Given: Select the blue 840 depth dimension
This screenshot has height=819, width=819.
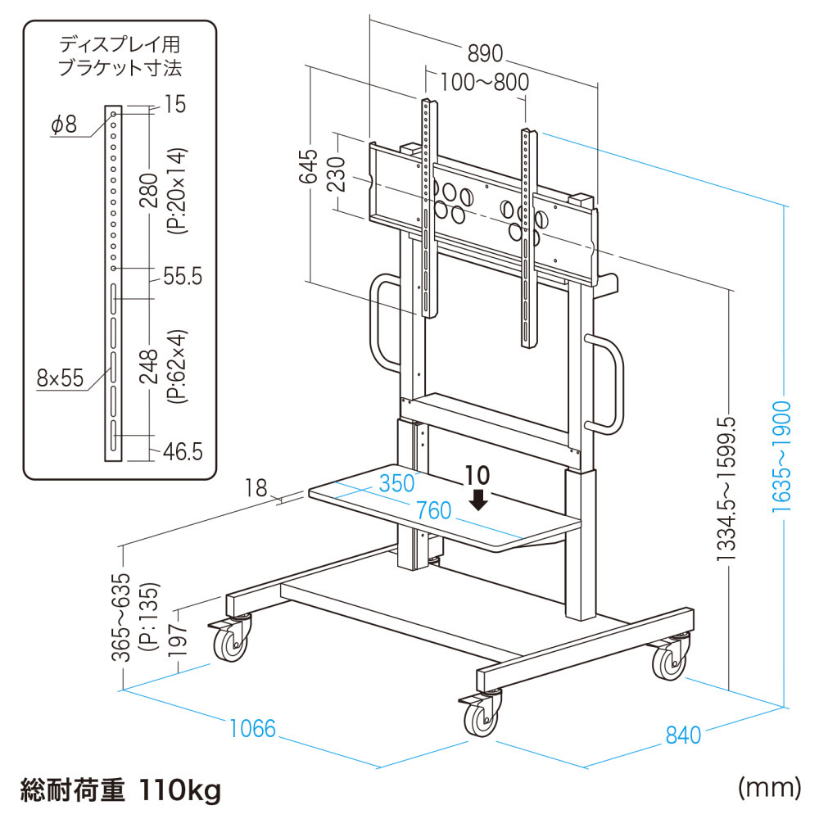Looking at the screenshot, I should click(683, 735).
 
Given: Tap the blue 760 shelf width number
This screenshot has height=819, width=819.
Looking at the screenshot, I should click(433, 511).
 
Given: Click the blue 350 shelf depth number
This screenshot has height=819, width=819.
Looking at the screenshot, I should click(396, 482).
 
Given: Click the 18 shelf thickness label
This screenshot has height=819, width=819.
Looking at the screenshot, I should click(256, 489).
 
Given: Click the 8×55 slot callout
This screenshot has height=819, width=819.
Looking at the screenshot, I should click(60, 378).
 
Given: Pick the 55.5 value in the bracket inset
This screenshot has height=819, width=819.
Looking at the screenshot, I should click(182, 277).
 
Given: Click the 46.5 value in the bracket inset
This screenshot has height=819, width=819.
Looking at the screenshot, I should click(181, 451).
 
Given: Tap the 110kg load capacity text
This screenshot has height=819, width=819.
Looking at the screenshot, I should click(180, 791).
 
